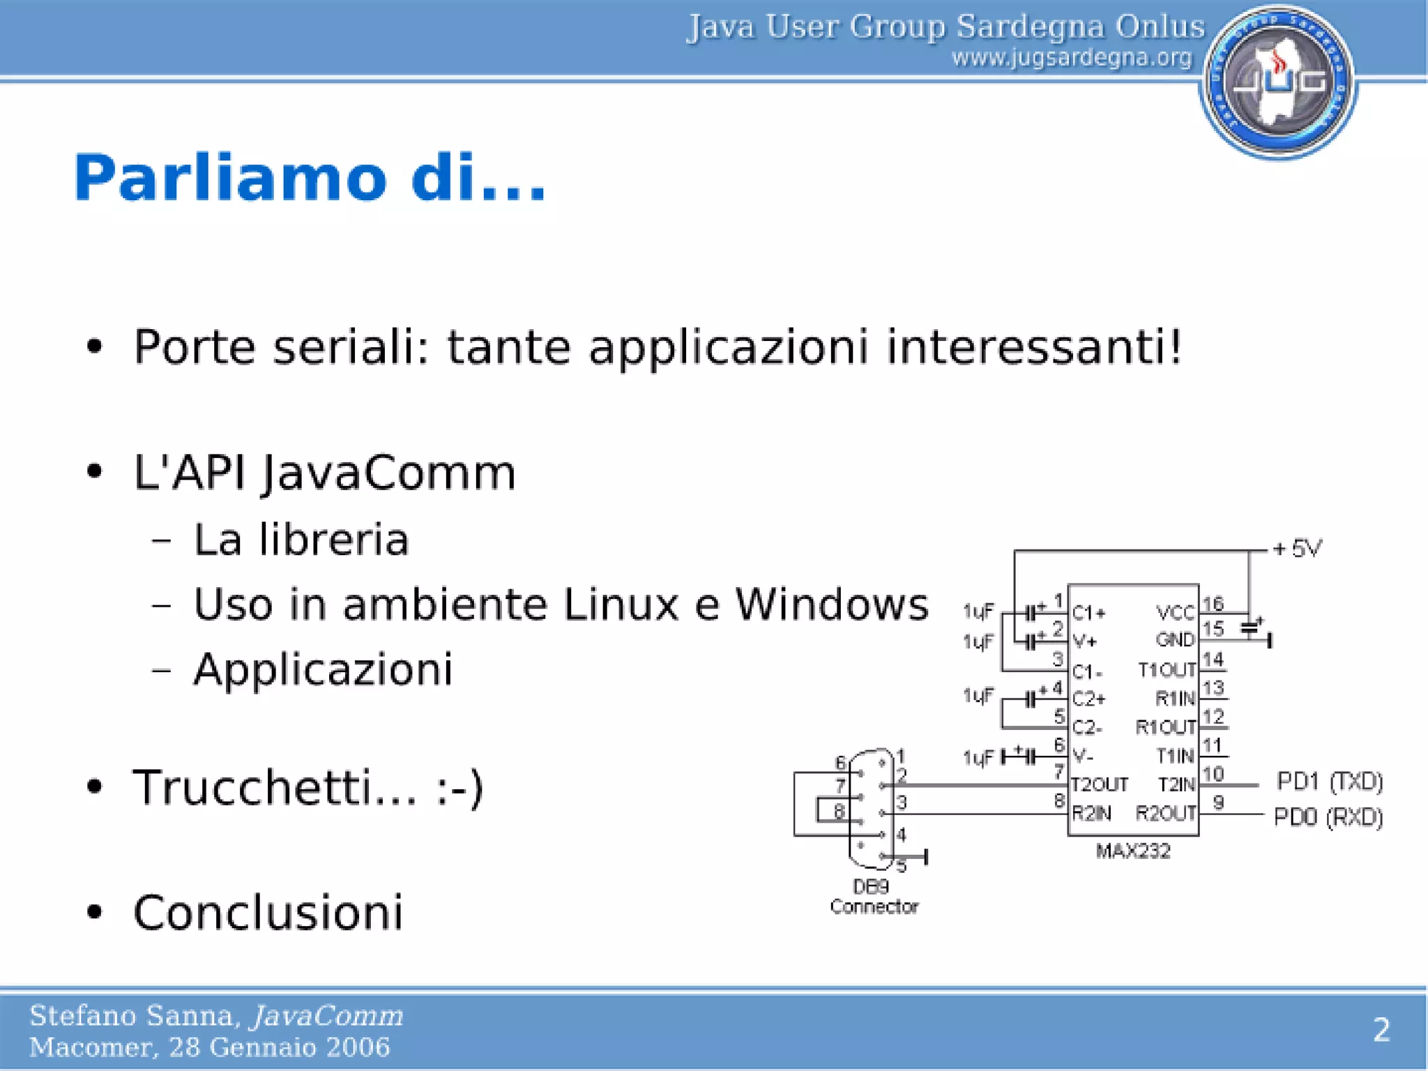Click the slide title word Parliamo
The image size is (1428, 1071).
(x=229, y=178)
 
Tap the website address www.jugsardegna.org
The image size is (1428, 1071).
(x=1072, y=57)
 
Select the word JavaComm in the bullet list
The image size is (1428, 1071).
(x=389, y=473)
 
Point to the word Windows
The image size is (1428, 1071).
(x=832, y=604)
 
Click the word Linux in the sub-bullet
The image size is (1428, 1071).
(x=621, y=604)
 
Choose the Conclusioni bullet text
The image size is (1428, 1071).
(x=268, y=913)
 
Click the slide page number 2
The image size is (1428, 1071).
(x=1381, y=1030)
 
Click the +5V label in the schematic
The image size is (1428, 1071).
(x=1297, y=549)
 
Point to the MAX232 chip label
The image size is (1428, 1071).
(x=1133, y=851)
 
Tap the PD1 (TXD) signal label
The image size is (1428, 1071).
(x=1329, y=782)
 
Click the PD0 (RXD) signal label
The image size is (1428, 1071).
(x=1328, y=816)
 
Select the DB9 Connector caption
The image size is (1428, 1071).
(x=874, y=897)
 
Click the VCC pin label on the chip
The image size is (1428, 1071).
(x=1176, y=612)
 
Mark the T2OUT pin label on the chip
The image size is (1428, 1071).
(x=1099, y=785)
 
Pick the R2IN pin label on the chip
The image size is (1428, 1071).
(x=1091, y=814)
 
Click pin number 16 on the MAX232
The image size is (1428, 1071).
(x=1213, y=603)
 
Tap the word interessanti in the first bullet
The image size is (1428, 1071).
(x=1033, y=347)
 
